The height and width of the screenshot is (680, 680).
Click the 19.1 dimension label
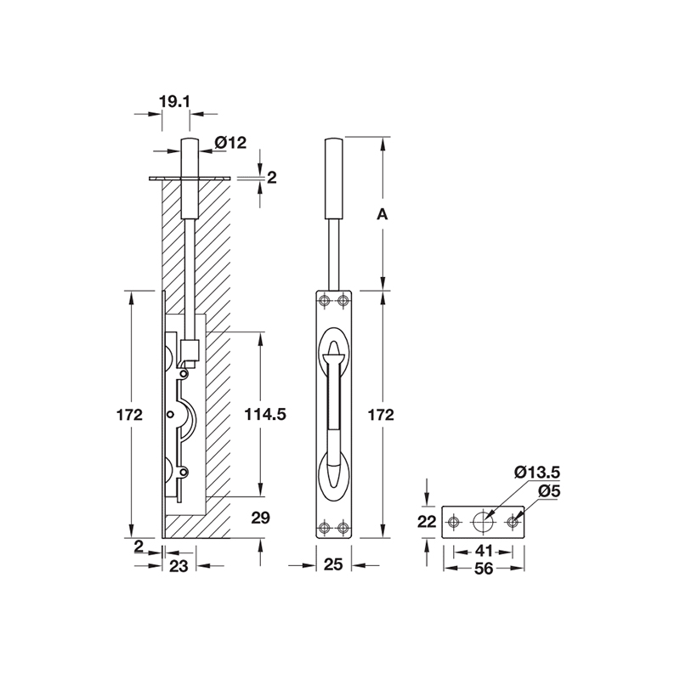click(174, 101)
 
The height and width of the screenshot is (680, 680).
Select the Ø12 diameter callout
click(230, 143)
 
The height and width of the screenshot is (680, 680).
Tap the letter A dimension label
click(382, 215)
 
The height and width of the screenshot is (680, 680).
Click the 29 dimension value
click(261, 517)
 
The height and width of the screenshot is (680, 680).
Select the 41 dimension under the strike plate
click(484, 551)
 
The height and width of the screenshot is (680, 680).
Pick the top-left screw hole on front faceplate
click(324, 300)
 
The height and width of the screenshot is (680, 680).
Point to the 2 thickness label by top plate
click(272, 177)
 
